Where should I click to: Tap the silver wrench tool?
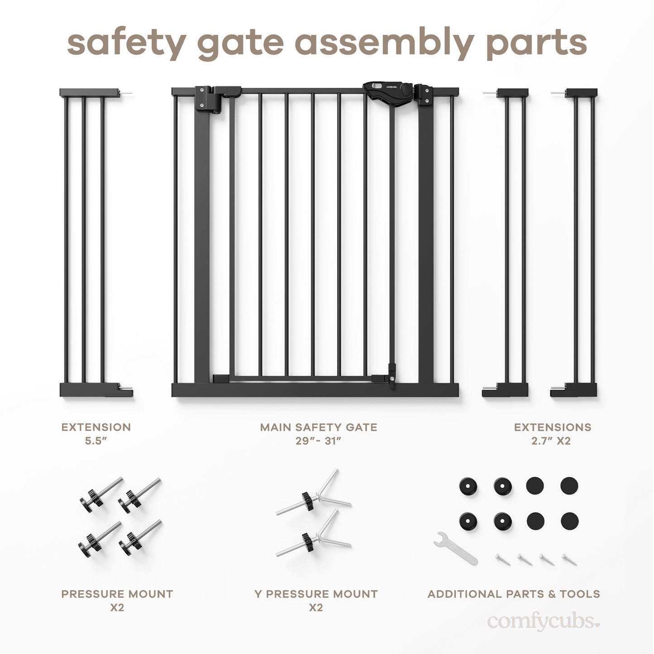(x=455, y=548)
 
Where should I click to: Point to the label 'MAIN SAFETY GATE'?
(x=318, y=427)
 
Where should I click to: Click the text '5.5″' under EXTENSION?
(x=96, y=441)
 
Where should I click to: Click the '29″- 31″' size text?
(x=318, y=441)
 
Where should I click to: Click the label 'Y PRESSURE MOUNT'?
(x=316, y=594)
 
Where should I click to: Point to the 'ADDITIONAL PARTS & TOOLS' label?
(x=514, y=594)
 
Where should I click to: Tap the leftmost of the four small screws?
(x=502, y=559)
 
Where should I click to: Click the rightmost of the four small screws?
(x=569, y=559)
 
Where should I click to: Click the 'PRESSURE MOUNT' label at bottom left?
(x=117, y=594)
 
